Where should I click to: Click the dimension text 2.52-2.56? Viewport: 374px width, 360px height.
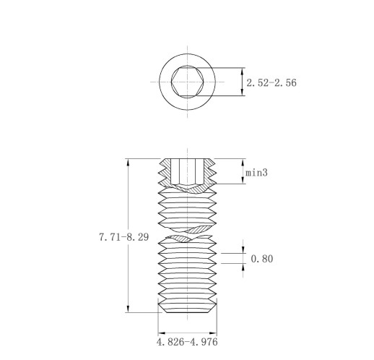point(271,82)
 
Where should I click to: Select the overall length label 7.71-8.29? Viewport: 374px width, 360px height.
point(124,237)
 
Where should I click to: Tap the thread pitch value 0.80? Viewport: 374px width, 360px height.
point(262,259)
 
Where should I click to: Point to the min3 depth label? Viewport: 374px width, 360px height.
point(256,173)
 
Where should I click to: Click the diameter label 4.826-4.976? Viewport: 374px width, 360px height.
point(187,342)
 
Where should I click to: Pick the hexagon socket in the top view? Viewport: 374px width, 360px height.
point(188,82)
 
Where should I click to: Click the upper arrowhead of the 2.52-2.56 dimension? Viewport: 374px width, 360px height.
point(243,72)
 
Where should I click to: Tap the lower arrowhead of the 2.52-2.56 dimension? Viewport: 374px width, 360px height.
point(243,92)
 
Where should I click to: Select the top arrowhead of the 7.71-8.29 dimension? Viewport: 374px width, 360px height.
point(128,162)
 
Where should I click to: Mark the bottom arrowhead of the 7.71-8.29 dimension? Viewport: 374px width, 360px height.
point(128,309)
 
